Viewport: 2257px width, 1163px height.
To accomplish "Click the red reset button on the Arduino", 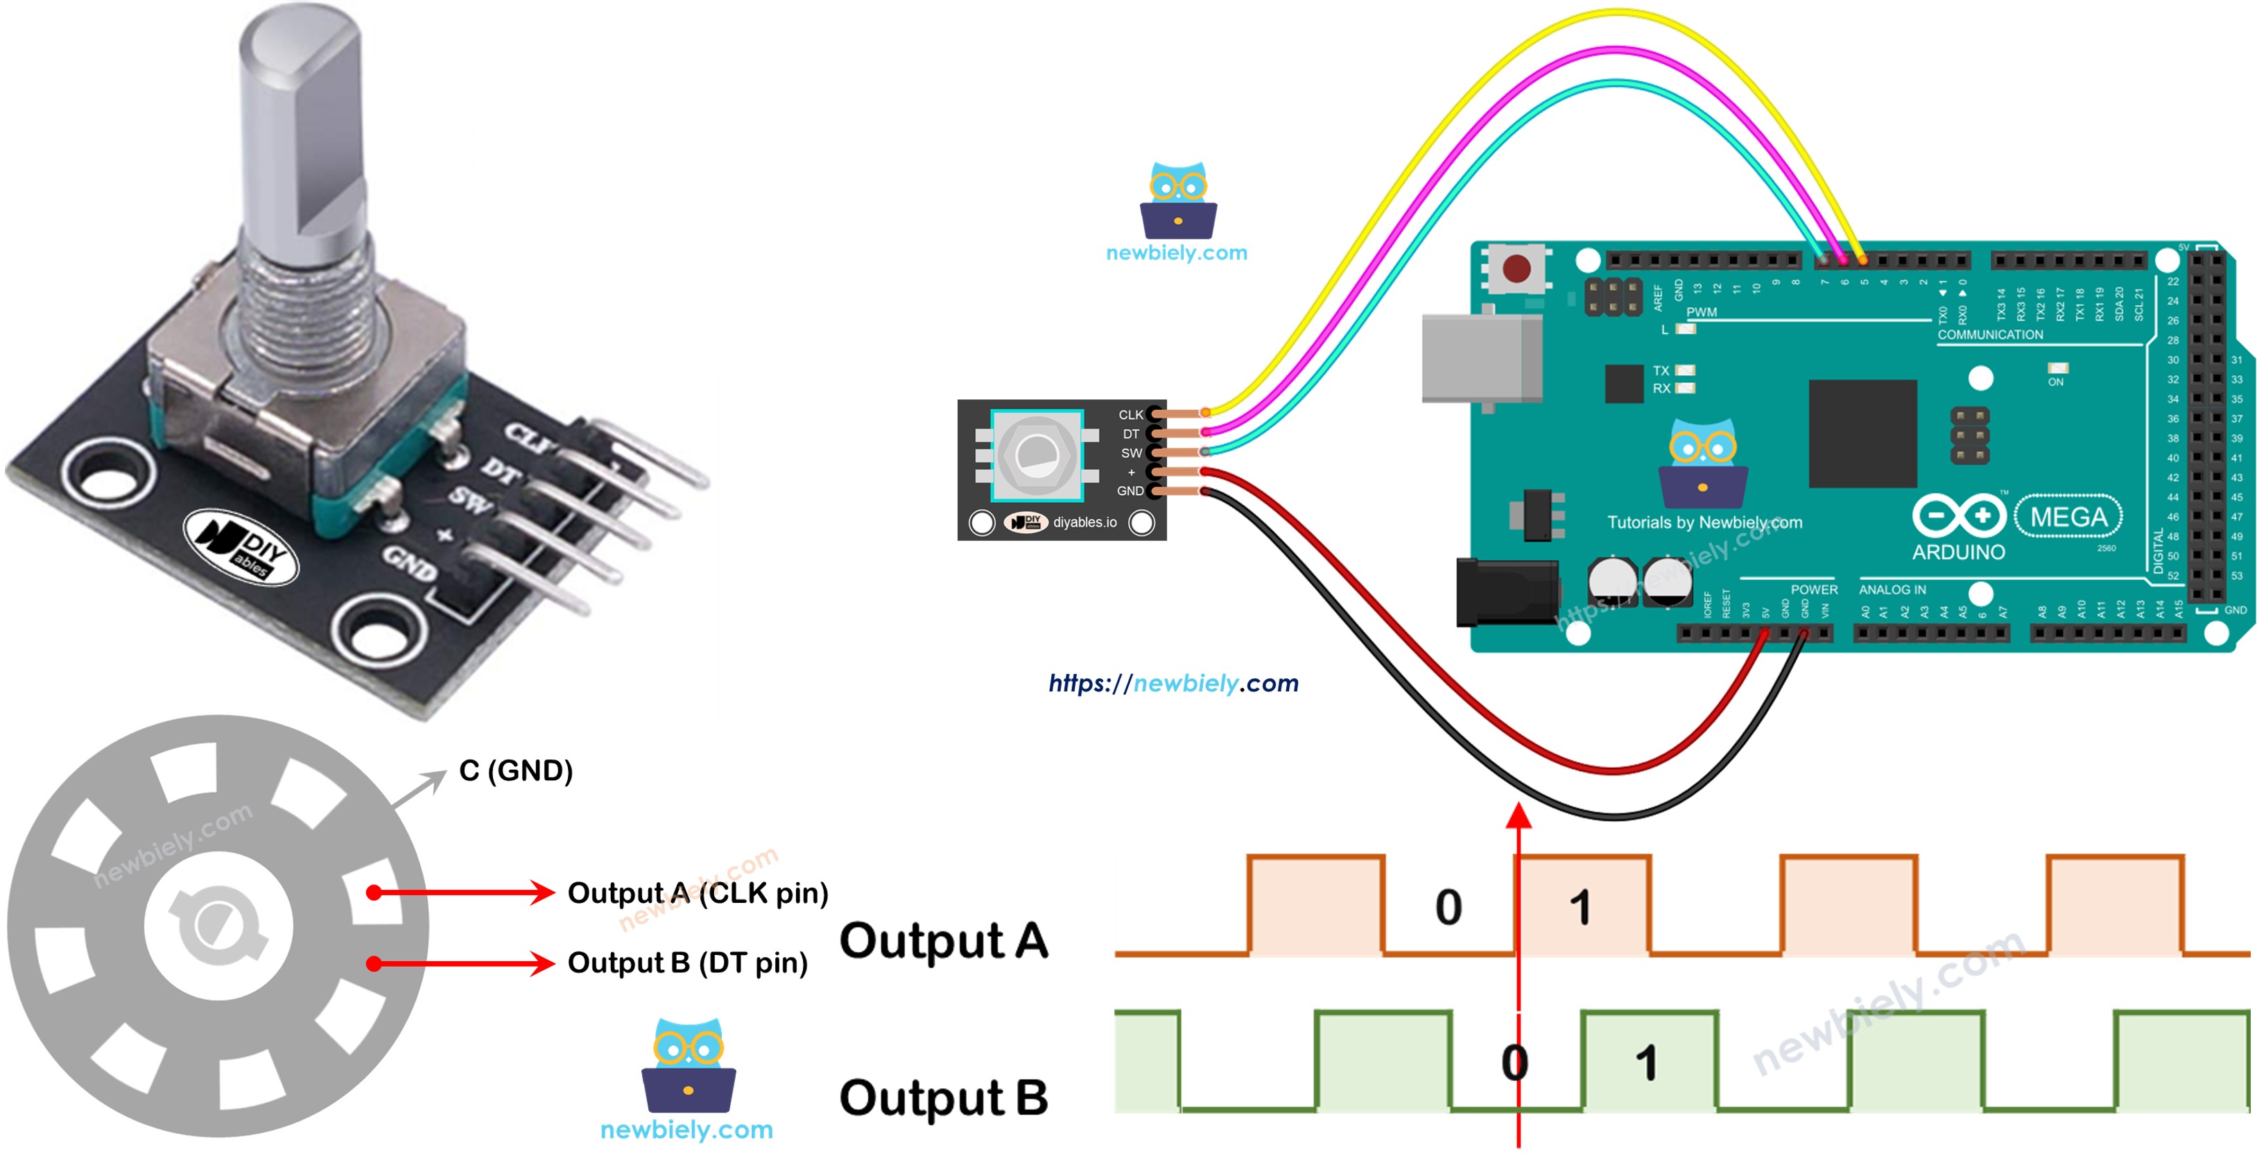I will (x=1516, y=268).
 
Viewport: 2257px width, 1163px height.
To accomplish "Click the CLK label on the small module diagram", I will (x=1130, y=415).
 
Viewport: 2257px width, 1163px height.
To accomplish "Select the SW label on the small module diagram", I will (x=1131, y=453).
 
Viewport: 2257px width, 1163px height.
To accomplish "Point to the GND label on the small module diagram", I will (x=1130, y=491).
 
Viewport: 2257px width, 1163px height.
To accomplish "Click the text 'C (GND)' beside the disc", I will (x=515, y=770).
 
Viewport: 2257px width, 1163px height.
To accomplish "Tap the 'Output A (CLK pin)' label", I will (x=698, y=893).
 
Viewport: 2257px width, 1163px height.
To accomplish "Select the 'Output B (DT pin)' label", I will (x=687, y=963).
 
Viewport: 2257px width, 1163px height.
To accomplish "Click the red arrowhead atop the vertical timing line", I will (x=1519, y=817).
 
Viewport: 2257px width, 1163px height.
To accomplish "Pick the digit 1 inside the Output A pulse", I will (x=1580, y=907).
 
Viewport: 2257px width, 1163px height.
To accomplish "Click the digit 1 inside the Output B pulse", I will (x=1646, y=1063).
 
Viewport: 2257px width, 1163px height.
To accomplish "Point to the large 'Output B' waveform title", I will (x=943, y=1097).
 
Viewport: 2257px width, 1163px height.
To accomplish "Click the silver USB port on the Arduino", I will (x=1480, y=358).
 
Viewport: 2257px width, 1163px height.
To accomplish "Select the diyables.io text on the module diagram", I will (x=1084, y=522).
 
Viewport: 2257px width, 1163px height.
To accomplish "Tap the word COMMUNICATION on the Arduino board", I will (x=1990, y=335).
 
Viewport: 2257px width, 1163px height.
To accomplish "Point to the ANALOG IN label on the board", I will (x=1892, y=590).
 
